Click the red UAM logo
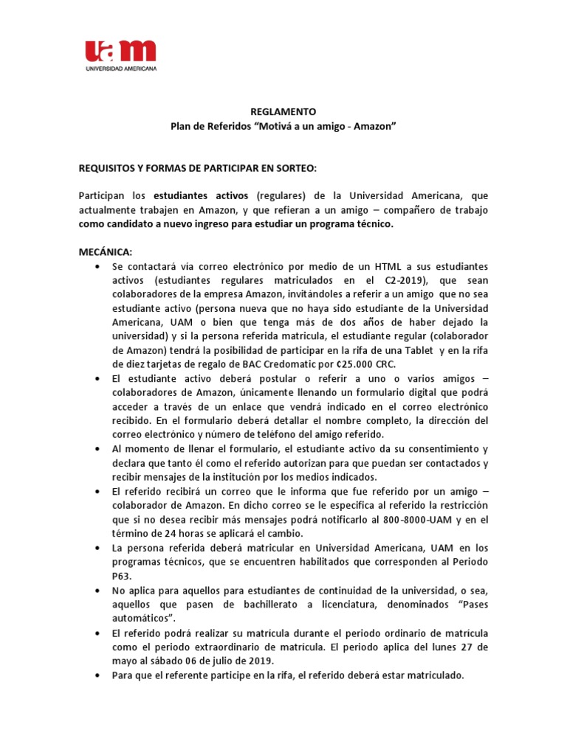120,52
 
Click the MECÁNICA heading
105,251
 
